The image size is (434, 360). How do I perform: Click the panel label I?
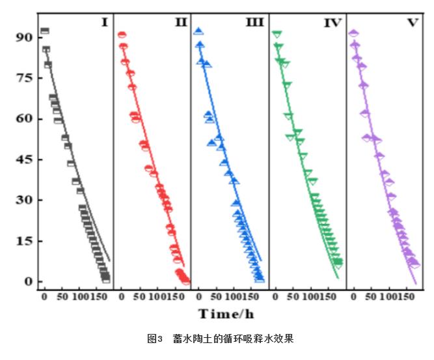tap(103, 23)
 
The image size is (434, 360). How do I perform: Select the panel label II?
tap(180, 23)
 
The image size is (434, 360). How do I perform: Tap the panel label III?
tap(254, 23)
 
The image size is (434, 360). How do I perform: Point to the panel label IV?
tap(332, 23)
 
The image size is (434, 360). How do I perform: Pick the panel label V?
tap(412, 23)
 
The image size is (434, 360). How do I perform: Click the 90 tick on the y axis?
tap(24, 38)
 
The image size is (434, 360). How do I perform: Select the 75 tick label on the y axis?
tap(24, 78)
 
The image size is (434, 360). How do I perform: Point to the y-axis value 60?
tap(24, 118)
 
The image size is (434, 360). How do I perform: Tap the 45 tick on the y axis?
tap(24, 159)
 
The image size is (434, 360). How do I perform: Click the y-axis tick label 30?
tap(24, 200)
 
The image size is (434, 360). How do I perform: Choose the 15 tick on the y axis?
tap(24, 241)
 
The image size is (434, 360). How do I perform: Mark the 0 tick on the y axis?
tap(28, 281)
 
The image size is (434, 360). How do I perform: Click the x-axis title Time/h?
tap(226, 314)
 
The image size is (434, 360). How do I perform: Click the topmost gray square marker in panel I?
tap(44, 31)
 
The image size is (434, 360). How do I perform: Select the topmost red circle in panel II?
tap(122, 35)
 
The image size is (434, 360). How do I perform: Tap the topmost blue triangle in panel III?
tap(198, 31)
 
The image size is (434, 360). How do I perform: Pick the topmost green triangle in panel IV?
tap(277, 34)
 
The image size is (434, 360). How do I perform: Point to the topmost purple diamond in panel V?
tap(353, 33)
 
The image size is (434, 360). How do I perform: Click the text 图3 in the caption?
tap(154, 339)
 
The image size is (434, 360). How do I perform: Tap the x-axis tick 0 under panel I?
tap(44, 297)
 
